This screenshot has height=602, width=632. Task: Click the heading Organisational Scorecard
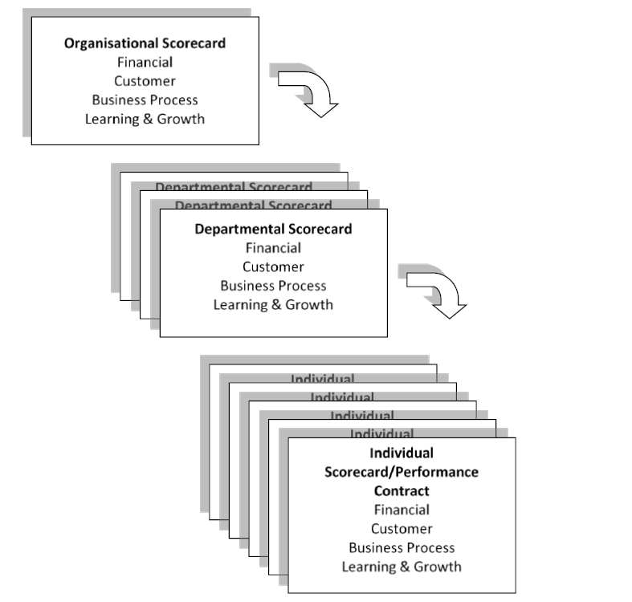pyautogui.click(x=145, y=43)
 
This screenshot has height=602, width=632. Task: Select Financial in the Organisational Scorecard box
pyautogui.click(x=145, y=63)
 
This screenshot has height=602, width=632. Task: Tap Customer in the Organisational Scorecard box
pyautogui.click(x=145, y=81)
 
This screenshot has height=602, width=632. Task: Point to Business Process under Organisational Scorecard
pyautogui.click(x=145, y=100)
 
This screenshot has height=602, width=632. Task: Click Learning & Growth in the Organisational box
pyautogui.click(x=145, y=120)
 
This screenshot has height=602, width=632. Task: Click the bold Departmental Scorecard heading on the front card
pyautogui.click(x=273, y=229)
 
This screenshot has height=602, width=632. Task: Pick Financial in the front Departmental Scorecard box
pyautogui.click(x=273, y=248)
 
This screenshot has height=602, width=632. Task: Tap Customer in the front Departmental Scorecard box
pyautogui.click(x=273, y=266)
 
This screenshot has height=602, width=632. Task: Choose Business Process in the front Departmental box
pyautogui.click(x=273, y=286)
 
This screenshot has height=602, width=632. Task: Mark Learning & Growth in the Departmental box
pyautogui.click(x=273, y=305)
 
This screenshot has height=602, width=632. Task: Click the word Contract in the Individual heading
pyautogui.click(x=402, y=490)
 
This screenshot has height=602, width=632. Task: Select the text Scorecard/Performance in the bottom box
pyautogui.click(x=402, y=472)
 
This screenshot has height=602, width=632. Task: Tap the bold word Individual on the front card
pyautogui.click(x=402, y=453)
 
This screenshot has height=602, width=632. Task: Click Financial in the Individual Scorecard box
pyautogui.click(x=402, y=510)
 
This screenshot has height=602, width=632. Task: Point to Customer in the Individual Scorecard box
pyautogui.click(x=402, y=529)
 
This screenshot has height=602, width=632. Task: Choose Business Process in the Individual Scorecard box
pyautogui.click(x=402, y=547)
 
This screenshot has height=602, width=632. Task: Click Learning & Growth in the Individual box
pyautogui.click(x=402, y=567)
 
